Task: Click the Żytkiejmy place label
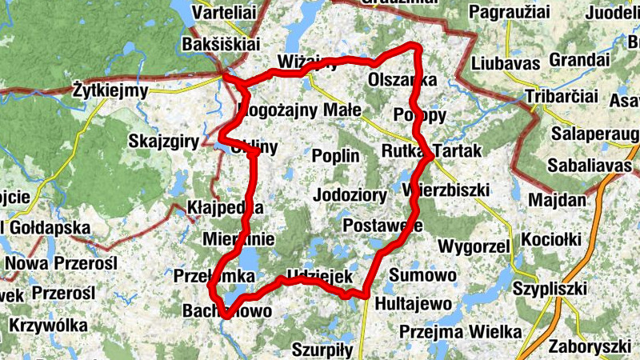click(x=110, y=90)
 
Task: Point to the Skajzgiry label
click(x=163, y=142)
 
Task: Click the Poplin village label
click(x=336, y=156)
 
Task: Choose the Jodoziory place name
click(x=350, y=194)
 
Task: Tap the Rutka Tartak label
click(x=432, y=150)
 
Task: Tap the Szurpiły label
click(x=322, y=350)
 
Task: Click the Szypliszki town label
click(x=550, y=288)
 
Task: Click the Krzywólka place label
click(x=50, y=326)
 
